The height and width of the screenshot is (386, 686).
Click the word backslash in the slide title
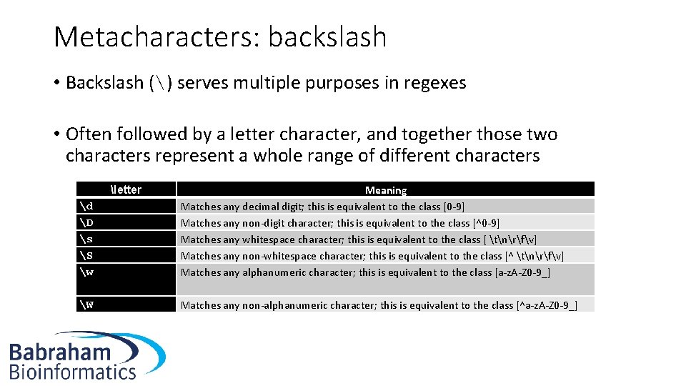(327, 37)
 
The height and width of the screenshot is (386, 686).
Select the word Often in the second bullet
(90, 134)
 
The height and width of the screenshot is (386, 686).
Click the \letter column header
(126, 189)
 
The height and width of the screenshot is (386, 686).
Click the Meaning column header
(386, 190)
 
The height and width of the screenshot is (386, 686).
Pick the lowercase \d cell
(86, 207)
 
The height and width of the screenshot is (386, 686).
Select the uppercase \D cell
(87, 223)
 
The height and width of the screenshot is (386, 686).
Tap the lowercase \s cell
(86, 239)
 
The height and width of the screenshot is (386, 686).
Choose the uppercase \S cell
(87, 256)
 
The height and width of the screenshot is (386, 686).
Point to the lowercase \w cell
(87, 272)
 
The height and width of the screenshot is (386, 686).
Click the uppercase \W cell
(87, 305)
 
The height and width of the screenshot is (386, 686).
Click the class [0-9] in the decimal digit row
(454, 207)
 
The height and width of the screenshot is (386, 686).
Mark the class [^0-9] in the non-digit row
(486, 223)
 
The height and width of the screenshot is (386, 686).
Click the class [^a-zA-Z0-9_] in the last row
(546, 305)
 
